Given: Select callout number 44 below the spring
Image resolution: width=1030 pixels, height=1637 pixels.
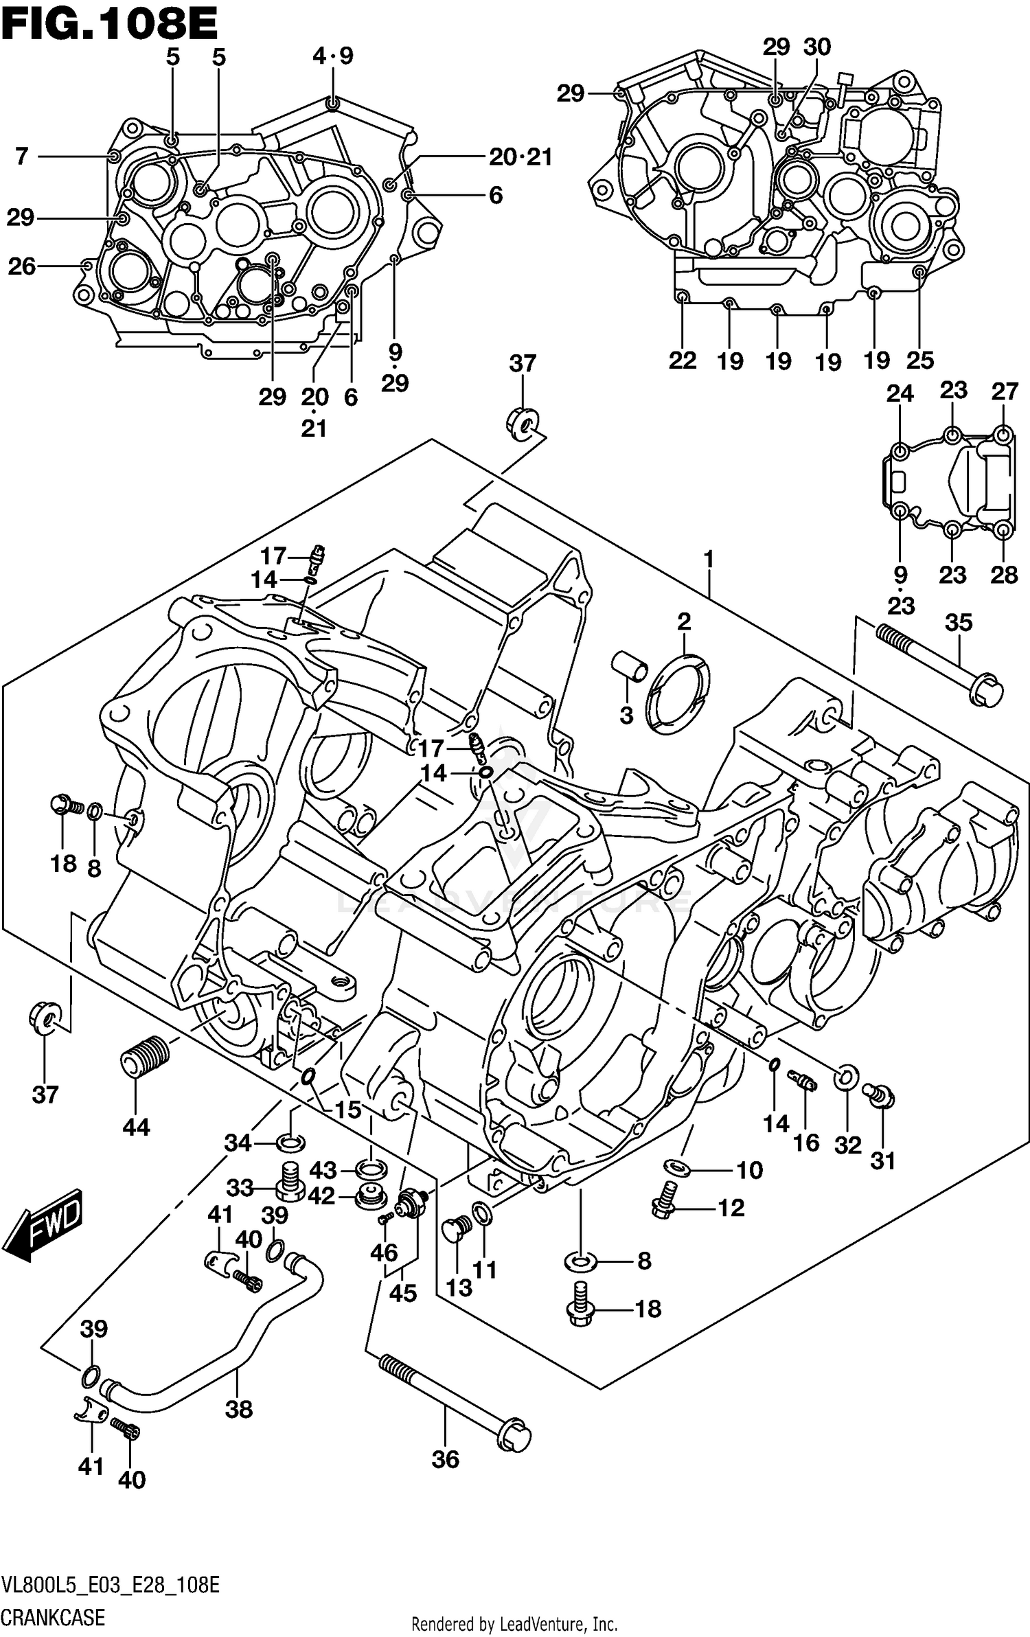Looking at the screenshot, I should tap(136, 1127).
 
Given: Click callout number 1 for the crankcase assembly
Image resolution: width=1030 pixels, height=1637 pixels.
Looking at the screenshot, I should tap(709, 560).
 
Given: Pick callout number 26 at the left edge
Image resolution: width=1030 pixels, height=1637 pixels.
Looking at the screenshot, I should tap(21, 266).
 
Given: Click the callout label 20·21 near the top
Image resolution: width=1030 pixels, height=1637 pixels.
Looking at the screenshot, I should tap(520, 157).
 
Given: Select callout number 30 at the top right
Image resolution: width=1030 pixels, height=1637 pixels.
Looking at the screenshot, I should tap(817, 47).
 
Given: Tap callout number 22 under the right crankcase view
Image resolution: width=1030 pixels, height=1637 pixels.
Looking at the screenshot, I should tap(683, 360).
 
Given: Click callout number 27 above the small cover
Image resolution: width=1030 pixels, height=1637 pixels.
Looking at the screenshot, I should tap(1005, 391).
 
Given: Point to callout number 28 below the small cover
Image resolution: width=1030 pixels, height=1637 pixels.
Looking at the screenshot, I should tap(1004, 574).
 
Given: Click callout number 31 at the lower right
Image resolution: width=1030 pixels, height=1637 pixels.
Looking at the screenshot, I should tap(883, 1160).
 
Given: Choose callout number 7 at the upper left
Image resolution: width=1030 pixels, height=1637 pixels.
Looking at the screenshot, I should tap(22, 157).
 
